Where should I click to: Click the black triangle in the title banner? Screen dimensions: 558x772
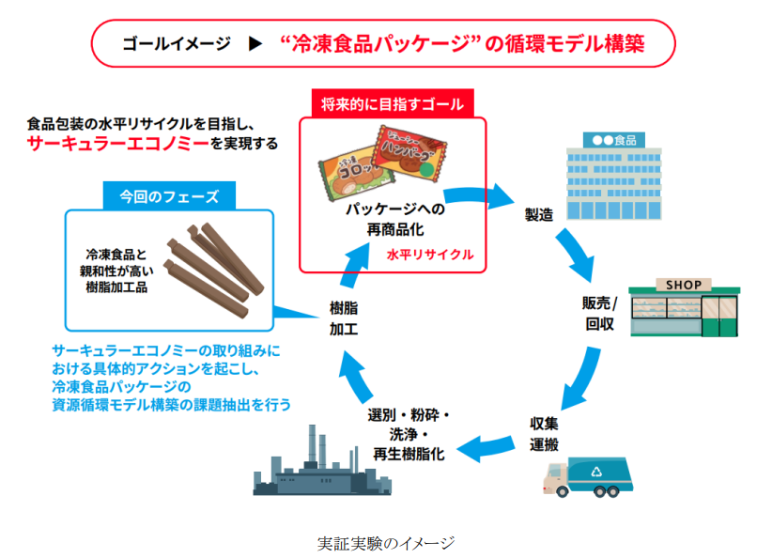click(254, 43)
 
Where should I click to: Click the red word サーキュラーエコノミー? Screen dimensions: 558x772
click(116, 143)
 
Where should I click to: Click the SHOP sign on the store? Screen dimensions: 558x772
click(683, 285)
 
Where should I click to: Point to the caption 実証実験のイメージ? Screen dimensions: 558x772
click(386, 543)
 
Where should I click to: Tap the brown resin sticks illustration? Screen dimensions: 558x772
click(210, 267)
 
